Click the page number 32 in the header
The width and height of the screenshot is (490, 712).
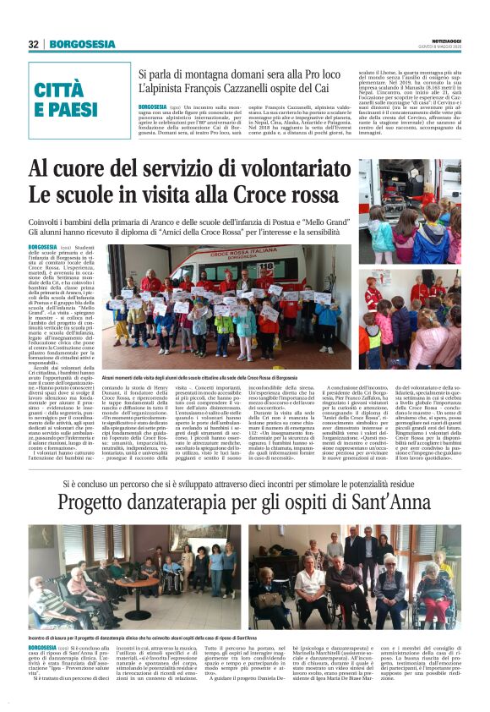click(33, 45)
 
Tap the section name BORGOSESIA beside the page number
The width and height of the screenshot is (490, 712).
click(72, 45)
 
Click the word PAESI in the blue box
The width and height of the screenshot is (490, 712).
click(67, 110)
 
